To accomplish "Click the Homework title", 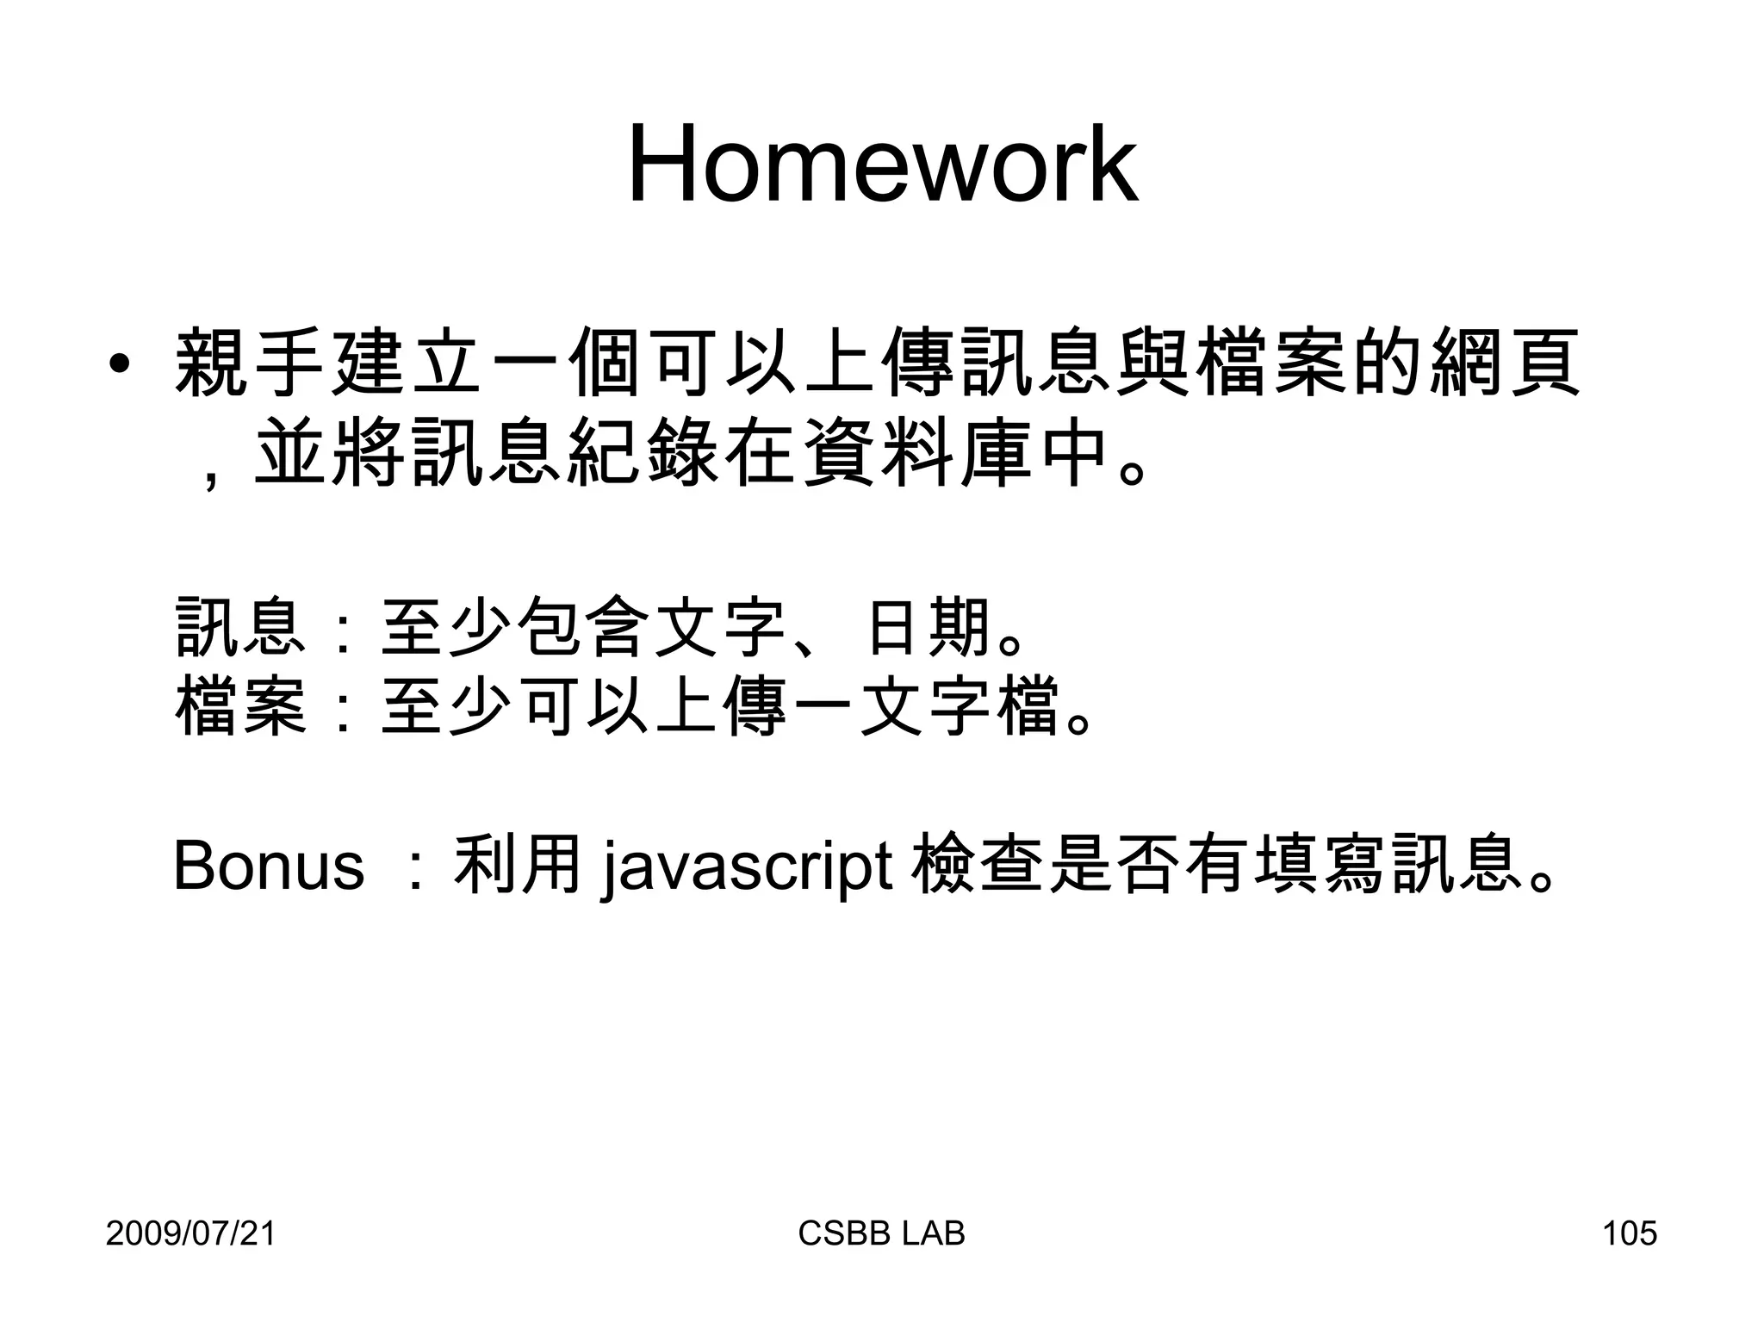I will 882,165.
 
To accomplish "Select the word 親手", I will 250,363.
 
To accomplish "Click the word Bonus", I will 269,866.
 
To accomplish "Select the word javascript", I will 746,866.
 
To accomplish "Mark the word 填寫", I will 1317,865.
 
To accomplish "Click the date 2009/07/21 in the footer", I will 190,1233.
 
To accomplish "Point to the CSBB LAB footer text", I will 881,1233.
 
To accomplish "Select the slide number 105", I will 1629,1233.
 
